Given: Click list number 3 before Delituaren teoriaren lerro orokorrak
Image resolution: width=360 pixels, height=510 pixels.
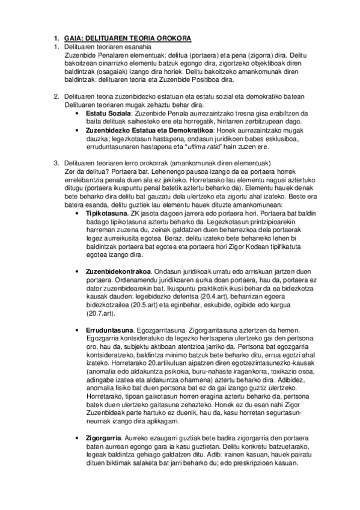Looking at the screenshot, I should [56, 163].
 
